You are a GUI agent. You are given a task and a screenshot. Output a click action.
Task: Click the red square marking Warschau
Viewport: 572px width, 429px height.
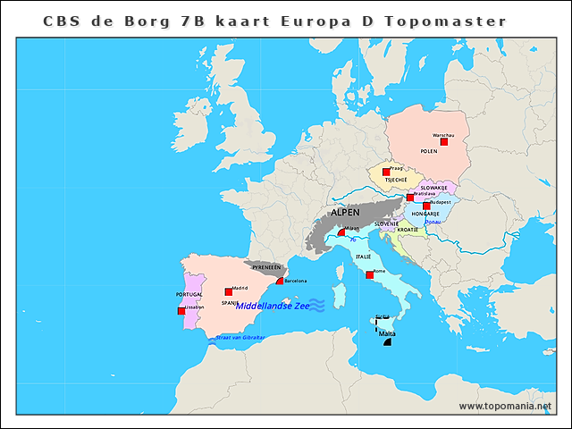pyautogui.click(x=444, y=141)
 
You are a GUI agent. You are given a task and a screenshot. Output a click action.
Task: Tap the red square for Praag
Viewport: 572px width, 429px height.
pyautogui.click(x=386, y=172)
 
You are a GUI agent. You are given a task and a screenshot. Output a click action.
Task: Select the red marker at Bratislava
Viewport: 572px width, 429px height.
pyautogui.click(x=410, y=198)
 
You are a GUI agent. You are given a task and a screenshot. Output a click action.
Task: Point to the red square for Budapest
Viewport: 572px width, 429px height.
pyautogui.click(x=426, y=206)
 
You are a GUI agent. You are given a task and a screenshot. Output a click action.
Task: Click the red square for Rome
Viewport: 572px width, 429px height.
pyautogui.click(x=369, y=274)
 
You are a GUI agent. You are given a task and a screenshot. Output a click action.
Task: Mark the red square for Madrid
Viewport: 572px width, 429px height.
pyautogui.click(x=229, y=292)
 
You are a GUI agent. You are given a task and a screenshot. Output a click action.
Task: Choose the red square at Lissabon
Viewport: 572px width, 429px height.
pyautogui.click(x=181, y=311)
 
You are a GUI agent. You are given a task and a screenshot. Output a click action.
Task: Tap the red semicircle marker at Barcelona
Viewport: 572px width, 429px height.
pyautogui.click(x=280, y=281)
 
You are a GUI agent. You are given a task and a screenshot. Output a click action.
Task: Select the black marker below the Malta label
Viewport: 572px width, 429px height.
pyautogui.click(x=387, y=342)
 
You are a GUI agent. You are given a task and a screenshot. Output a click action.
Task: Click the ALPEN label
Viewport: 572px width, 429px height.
pyautogui.click(x=345, y=214)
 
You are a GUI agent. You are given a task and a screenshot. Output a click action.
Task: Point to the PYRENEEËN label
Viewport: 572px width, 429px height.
pyautogui.click(x=267, y=267)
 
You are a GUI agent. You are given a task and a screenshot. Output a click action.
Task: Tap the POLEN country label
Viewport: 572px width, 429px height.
pyautogui.click(x=429, y=152)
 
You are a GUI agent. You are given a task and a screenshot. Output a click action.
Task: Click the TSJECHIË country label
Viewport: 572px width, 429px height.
pyautogui.click(x=396, y=180)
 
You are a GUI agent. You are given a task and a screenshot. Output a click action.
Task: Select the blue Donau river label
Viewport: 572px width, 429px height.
pyautogui.click(x=432, y=222)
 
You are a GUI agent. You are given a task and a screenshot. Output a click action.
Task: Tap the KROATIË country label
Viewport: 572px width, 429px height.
pyautogui.click(x=408, y=230)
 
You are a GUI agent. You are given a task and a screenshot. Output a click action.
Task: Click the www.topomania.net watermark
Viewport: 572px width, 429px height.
pyautogui.click(x=505, y=406)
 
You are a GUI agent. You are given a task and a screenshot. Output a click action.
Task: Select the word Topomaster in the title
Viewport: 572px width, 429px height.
pyautogui.click(x=445, y=21)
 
